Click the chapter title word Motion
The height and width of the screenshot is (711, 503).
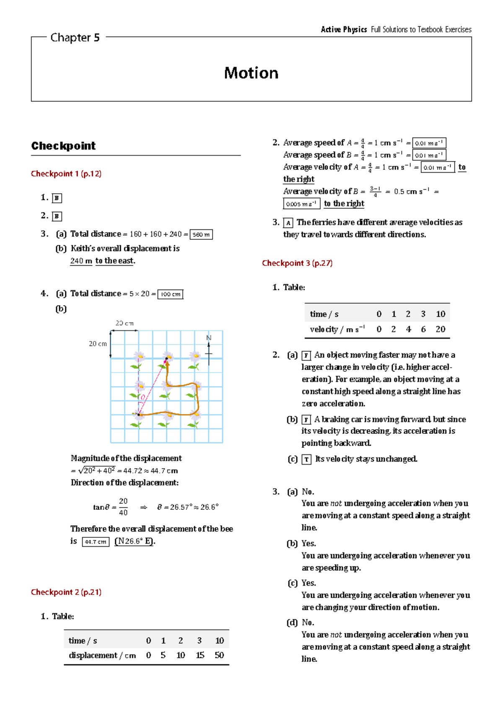(251, 73)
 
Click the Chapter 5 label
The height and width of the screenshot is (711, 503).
(75, 38)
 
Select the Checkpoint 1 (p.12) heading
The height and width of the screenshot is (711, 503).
(66, 174)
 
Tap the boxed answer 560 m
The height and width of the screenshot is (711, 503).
(201, 235)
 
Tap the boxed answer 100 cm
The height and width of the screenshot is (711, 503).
(171, 294)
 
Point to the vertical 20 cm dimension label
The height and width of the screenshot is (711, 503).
(98, 344)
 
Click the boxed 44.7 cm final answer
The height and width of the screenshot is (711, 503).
(96, 542)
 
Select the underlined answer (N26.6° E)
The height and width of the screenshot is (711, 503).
(135, 541)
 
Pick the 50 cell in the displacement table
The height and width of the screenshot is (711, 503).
(219, 655)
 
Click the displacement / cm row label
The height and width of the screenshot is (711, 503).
(102, 655)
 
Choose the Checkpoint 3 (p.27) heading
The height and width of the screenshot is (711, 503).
(297, 263)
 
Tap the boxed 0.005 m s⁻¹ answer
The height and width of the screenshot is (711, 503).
(301, 204)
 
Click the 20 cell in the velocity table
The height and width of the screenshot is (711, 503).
(440, 329)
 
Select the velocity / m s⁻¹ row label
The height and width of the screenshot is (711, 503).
(337, 330)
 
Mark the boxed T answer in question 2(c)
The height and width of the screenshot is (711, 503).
(306, 459)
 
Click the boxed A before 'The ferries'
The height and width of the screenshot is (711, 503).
(288, 223)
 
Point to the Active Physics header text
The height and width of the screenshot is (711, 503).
(344, 29)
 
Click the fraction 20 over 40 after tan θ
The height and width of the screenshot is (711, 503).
(123, 507)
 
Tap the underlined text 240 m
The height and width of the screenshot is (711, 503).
(81, 261)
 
